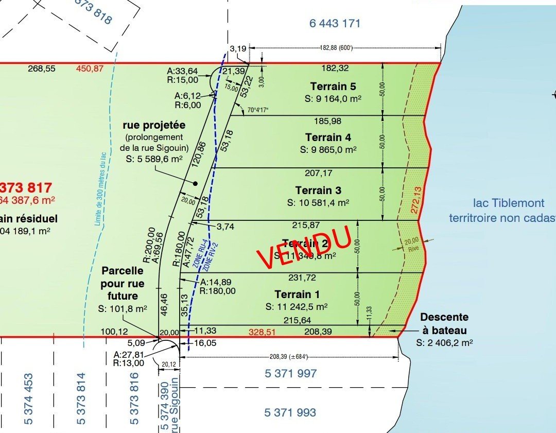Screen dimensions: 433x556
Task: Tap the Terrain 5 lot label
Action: [333, 86]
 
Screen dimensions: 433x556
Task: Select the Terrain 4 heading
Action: [328, 137]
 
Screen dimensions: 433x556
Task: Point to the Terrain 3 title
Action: [318, 190]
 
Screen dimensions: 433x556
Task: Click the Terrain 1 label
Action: [297, 295]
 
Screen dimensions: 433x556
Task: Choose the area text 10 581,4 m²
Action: [318, 202]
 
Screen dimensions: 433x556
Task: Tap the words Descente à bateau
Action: [444, 323]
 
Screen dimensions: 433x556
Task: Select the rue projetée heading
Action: [154, 125]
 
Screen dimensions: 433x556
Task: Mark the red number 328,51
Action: [262, 332]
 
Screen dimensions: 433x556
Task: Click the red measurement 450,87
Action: [90, 69]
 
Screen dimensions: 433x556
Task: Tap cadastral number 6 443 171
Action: [335, 23]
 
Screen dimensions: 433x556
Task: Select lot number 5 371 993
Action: [290, 412]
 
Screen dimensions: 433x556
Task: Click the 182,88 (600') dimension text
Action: [343, 48]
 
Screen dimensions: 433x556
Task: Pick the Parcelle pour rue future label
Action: [123, 283]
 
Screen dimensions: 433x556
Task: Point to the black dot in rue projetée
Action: [196, 183]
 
